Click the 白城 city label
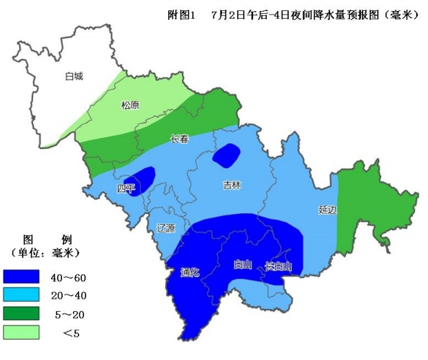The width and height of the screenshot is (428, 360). pos(74,77)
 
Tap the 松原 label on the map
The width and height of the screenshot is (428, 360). pos(130,106)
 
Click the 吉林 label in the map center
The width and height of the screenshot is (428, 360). pos(232,185)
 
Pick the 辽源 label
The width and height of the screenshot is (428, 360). pos(166,228)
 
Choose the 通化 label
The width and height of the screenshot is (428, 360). pos(190,272)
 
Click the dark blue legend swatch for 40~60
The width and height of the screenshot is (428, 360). pos(21,277)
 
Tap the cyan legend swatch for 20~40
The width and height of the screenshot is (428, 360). pos(21,296)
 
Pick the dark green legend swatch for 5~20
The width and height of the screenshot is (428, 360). pos(21,314)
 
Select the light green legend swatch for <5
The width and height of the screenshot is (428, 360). pos(21,333)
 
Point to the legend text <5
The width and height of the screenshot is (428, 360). pos(70,333)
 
